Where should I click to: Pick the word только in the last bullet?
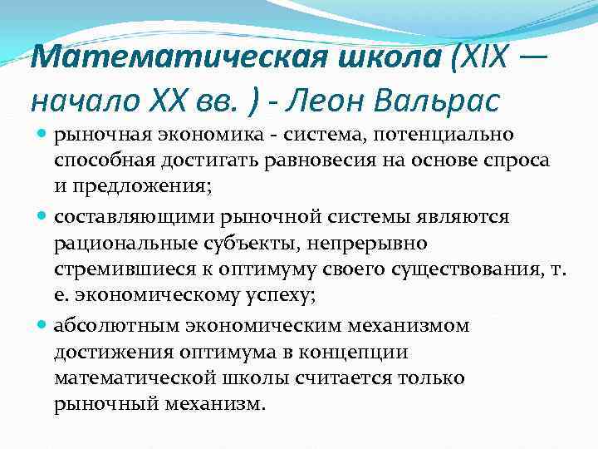[429, 379]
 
